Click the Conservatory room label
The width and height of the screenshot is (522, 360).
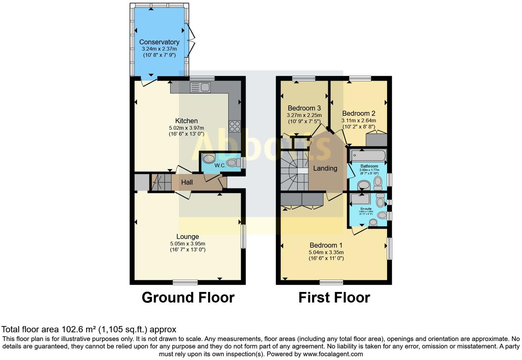click(159, 42)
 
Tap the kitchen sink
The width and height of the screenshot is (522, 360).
click(200, 88)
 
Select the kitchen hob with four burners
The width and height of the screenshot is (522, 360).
click(235, 126)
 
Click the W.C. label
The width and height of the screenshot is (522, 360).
click(220, 166)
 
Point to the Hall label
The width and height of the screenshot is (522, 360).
click(187, 182)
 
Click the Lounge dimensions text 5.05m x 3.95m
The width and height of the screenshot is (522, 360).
click(188, 244)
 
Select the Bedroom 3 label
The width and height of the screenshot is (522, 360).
click(304, 108)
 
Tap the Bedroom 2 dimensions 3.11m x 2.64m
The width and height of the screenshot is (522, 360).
click(359, 121)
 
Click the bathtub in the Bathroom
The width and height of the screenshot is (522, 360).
click(368, 156)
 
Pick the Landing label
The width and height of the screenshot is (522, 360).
click(325, 168)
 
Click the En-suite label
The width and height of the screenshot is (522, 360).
click(366, 209)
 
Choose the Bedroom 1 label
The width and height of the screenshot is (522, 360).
click(326, 245)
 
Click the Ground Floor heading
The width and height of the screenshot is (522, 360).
click(188, 297)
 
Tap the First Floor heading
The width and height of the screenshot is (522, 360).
click(334, 297)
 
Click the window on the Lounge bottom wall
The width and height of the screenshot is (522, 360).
click(185, 282)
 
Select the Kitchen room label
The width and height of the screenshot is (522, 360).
click(186, 121)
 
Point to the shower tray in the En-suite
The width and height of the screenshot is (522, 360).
click(360, 199)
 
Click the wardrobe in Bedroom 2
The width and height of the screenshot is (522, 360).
click(376, 140)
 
